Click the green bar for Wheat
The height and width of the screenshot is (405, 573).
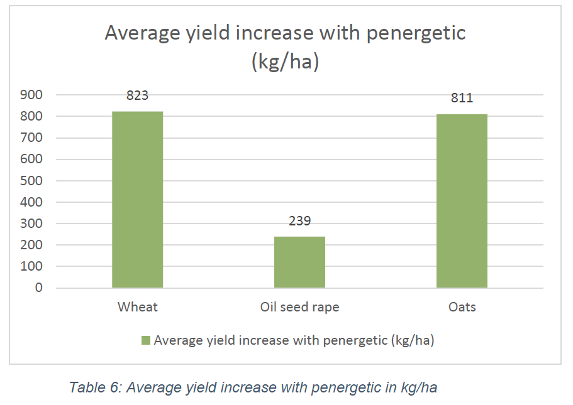137,200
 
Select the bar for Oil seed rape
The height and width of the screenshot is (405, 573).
299,262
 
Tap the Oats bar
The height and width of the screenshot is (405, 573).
462,201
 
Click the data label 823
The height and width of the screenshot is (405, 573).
137,95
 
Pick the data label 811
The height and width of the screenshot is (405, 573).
462,98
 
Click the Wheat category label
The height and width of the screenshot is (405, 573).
137,307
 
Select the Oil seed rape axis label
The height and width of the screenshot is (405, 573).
299,307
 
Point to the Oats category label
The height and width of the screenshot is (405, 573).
462,307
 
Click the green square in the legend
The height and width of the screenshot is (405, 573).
146,340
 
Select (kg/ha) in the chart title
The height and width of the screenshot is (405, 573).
285,63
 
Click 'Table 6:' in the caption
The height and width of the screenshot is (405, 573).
95,387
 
